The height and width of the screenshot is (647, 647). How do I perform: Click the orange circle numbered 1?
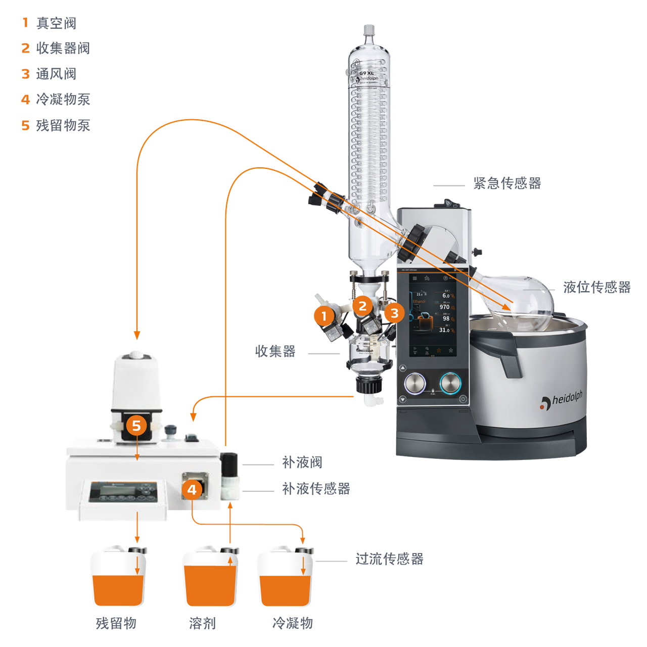pos(323,316)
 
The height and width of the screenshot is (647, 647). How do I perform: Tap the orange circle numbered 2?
pos(362,306)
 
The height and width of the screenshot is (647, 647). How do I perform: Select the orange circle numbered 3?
pos(394,313)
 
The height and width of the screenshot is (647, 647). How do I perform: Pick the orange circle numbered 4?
pos(192,489)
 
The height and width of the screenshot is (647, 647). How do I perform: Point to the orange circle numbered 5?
pos(136,426)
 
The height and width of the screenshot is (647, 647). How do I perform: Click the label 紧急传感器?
pos(507,183)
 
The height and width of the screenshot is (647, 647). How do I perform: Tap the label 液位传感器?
pos(597,287)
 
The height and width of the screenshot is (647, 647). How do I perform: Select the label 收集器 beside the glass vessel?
pos(275,351)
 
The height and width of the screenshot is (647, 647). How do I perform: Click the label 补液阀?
pos(302,462)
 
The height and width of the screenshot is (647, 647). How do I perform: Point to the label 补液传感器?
pos(316,489)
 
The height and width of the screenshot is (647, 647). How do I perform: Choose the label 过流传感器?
pos(389,559)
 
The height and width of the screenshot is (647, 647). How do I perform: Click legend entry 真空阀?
pos(56,23)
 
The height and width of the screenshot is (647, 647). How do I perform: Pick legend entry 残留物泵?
pos(63,125)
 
